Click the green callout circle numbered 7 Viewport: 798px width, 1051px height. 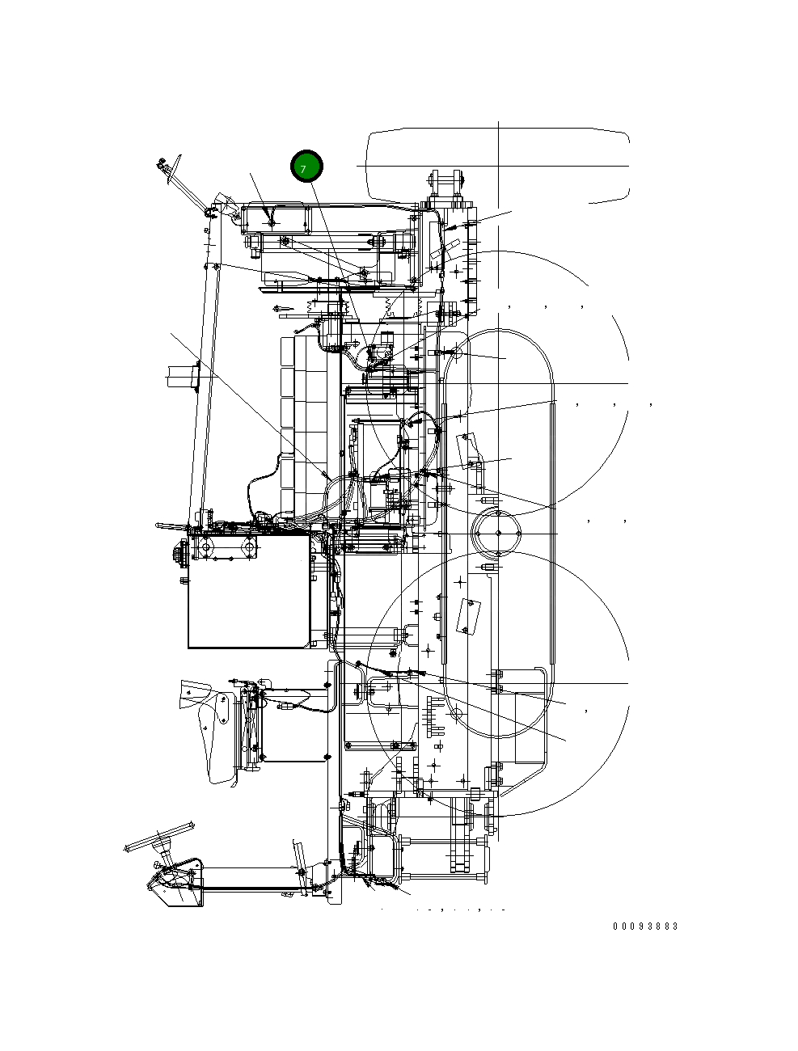(x=306, y=167)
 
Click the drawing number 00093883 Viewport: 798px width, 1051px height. (x=645, y=926)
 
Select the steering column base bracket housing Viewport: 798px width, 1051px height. (x=177, y=884)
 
